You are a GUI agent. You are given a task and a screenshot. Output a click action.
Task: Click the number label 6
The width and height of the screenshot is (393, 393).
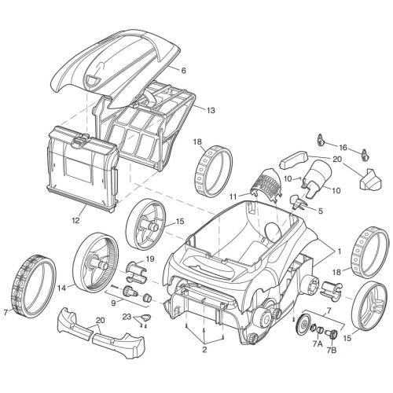(183, 71)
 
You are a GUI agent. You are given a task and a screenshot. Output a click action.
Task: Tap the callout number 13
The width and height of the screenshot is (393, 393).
(211, 111)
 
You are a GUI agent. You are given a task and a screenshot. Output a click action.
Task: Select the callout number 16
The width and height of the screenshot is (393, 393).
(343, 147)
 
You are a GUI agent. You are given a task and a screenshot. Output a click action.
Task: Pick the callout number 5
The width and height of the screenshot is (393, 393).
(320, 211)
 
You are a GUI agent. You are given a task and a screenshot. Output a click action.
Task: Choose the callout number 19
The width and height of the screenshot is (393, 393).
(149, 259)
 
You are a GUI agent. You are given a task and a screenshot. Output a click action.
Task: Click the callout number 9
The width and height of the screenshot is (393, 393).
(112, 303)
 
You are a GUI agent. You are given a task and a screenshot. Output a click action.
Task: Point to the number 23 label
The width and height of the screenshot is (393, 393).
(126, 317)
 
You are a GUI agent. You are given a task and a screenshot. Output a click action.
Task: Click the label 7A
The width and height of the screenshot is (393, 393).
(318, 343)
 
